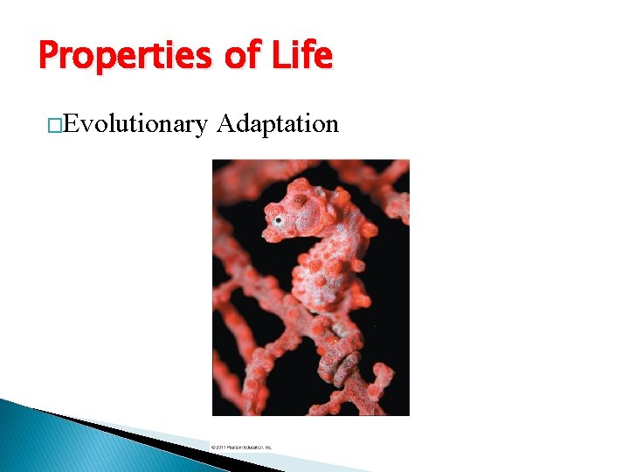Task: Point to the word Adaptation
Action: point(277,125)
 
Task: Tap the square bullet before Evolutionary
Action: point(56,126)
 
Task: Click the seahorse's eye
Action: point(278,220)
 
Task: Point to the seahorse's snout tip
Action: point(267,234)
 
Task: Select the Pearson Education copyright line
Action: point(242,447)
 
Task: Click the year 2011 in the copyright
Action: point(220,447)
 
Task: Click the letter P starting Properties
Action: point(49,57)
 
